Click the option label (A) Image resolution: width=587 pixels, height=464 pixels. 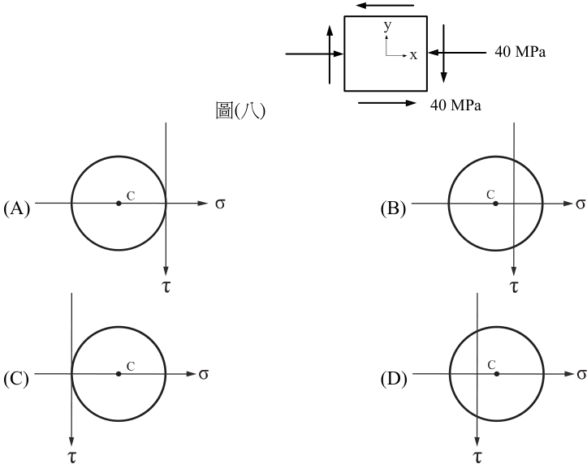tap(16, 208)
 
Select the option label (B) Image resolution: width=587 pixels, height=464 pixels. tap(393, 208)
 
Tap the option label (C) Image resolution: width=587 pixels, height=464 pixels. tap(16, 379)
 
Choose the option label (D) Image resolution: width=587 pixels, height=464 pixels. tap(394, 379)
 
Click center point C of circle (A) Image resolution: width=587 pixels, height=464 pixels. tap(119, 204)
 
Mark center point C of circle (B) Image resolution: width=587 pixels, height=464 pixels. tap(495, 204)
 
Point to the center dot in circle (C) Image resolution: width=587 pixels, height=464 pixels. tap(119, 374)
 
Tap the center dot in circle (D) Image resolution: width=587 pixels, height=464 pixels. tap(497, 374)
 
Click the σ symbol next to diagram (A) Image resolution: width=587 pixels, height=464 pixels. tap(220, 204)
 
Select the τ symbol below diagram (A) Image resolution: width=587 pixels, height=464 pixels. tap(166, 286)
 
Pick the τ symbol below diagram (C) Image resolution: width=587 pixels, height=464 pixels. tap(71, 457)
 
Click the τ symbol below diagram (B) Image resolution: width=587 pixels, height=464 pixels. tap(515, 286)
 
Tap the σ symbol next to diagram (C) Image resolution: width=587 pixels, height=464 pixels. tap(203, 374)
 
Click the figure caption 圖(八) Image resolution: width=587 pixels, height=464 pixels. tap(240, 110)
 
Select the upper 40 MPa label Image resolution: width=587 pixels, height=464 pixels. tap(520, 52)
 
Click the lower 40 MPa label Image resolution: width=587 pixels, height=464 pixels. tap(455, 105)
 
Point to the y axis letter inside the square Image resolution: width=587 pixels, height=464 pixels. tap(387, 26)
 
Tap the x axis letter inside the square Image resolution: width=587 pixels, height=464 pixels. tap(413, 56)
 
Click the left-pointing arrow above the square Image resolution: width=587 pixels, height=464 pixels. tap(385, 5)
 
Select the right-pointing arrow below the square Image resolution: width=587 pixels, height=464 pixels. tap(387, 103)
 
